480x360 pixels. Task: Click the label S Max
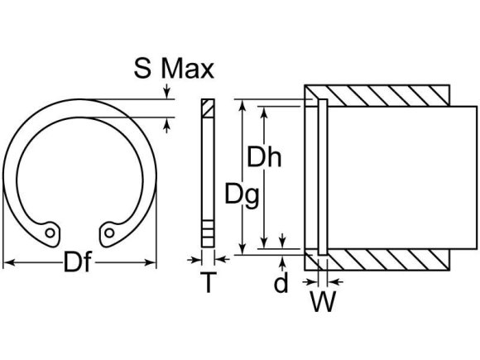click(173, 68)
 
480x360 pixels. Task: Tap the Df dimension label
click(79, 264)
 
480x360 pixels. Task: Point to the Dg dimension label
click(242, 195)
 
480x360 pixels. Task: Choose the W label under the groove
click(324, 302)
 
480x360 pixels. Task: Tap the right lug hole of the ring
click(108, 233)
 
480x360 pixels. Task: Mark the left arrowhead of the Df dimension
click(8, 264)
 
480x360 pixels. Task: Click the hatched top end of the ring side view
click(207, 108)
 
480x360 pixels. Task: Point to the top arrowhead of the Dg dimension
click(243, 105)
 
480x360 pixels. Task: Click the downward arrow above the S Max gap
click(169, 94)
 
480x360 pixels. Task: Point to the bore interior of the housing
click(389, 177)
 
